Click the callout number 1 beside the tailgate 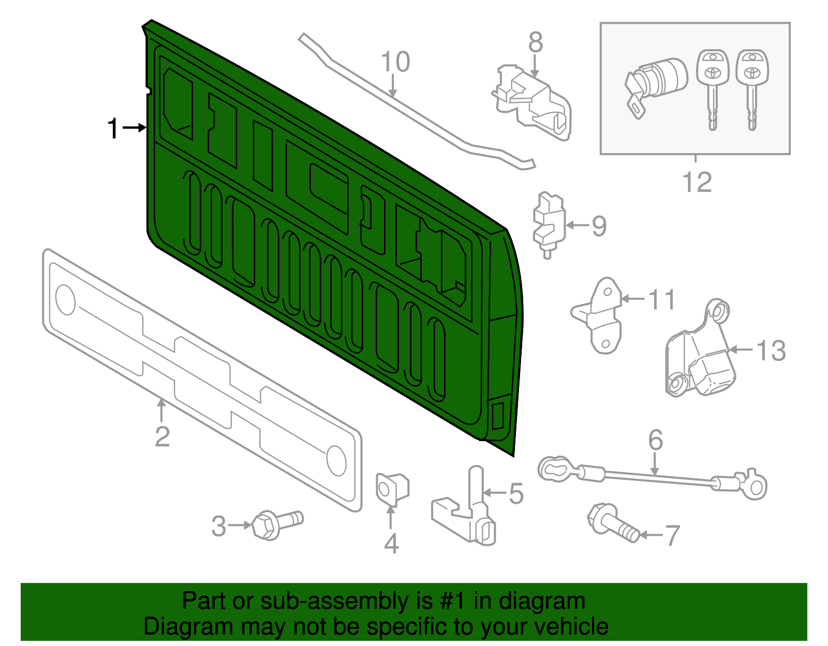pyautogui.click(x=113, y=128)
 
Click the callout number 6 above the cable pyautogui.click(x=655, y=440)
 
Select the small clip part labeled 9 pyautogui.click(x=548, y=223)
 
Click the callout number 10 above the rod pyautogui.click(x=395, y=62)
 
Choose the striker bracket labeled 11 pyautogui.click(x=600, y=316)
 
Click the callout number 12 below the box pyautogui.click(x=697, y=182)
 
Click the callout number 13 pyautogui.click(x=771, y=351)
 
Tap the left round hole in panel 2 pyautogui.click(x=66, y=299)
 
